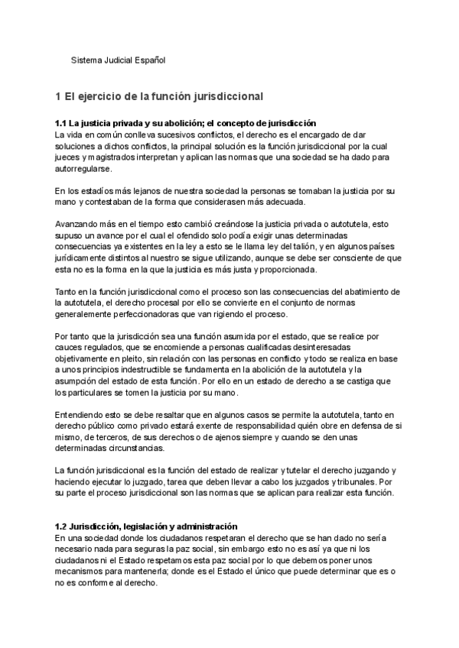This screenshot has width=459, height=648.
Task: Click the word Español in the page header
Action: pyautogui.click(x=149, y=60)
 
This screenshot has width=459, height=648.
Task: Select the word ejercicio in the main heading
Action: pyautogui.click(x=103, y=96)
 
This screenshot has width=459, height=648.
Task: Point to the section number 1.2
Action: pyautogui.click(x=61, y=527)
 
